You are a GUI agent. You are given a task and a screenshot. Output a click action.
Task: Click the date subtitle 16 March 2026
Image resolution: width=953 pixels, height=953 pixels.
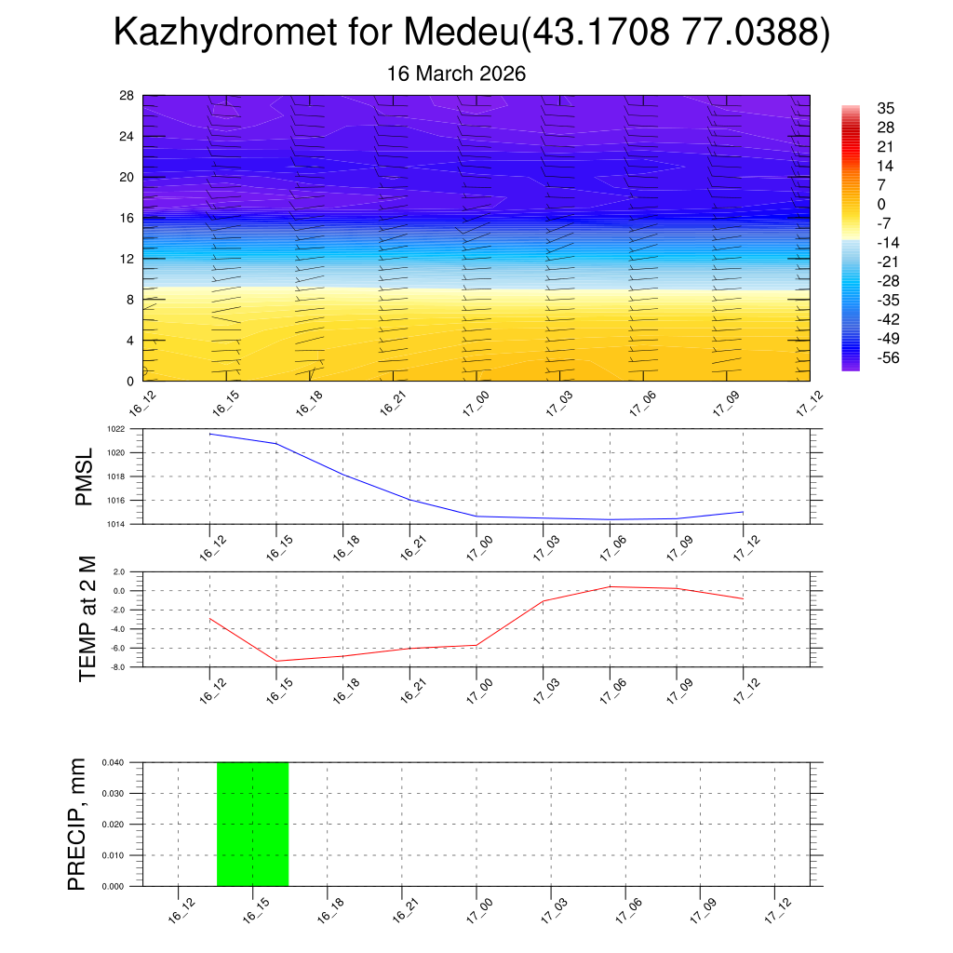tap(456, 74)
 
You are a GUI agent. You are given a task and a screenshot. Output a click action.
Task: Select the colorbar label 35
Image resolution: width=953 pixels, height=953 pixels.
tap(884, 108)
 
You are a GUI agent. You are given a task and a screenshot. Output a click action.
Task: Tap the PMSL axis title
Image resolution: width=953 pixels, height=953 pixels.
tap(85, 476)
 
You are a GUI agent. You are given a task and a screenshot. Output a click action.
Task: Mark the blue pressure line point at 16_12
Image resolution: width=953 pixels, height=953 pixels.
tap(210, 434)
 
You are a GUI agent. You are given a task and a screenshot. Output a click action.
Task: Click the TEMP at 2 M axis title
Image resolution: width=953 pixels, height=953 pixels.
tap(87, 619)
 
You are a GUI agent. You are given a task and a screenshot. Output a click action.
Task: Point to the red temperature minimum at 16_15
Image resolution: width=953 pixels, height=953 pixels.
tap(276, 661)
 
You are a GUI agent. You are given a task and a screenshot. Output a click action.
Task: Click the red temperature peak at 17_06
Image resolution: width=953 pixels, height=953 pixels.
tap(610, 586)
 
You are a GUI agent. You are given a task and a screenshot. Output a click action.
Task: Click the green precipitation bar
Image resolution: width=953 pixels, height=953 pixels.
tap(252, 824)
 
